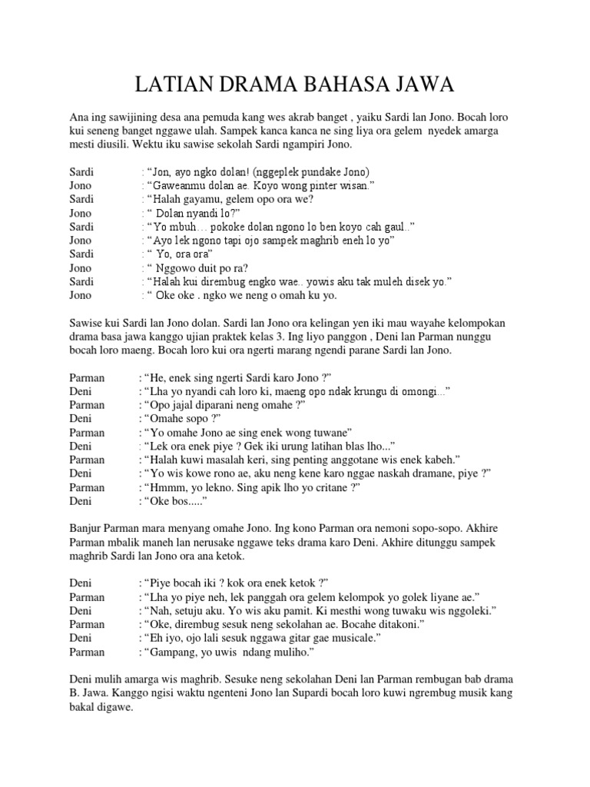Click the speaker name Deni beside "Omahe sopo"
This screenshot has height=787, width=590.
(x=80, y=418)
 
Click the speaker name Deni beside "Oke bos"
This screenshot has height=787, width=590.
(x=80, y=501)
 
